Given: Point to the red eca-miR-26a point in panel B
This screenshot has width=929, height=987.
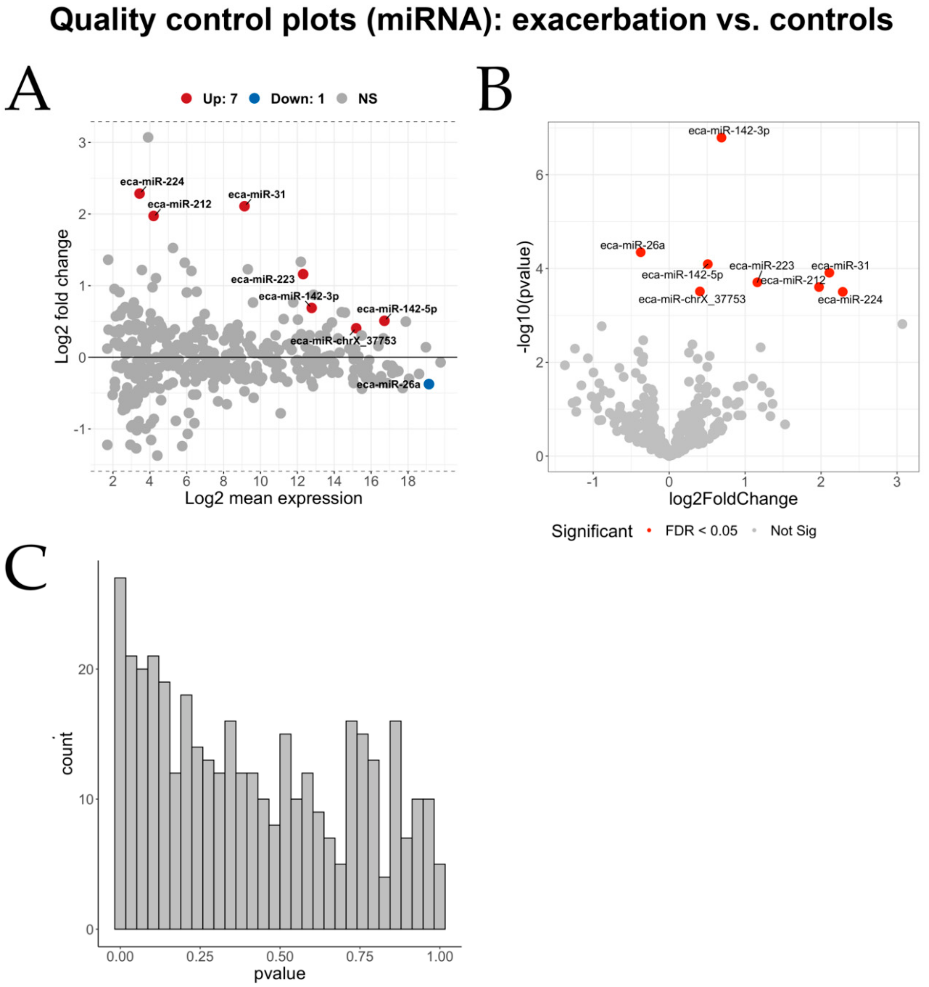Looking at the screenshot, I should pyautogui.click(x=641, y=252).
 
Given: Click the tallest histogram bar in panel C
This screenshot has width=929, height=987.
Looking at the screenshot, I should pyautogui.click(x=120, y=755).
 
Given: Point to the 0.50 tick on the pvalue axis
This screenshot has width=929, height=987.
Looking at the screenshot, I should pyautogui.click(x=280, y=957).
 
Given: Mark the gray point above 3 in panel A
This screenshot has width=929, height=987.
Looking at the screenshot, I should pyautogui.click(x=148, y=137).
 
